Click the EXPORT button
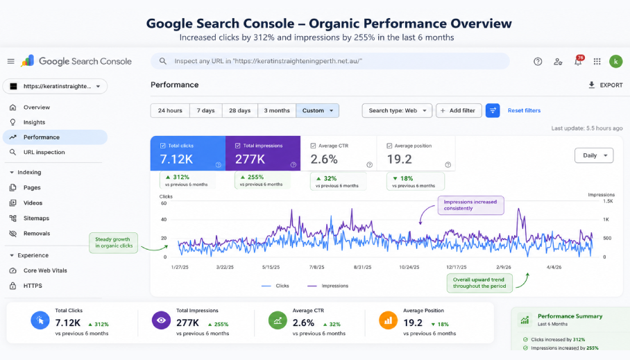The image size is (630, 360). pos(605,85)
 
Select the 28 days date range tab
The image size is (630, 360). pos(240,110)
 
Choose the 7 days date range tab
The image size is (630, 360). pos(205,110)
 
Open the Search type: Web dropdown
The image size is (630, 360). pos(397,110)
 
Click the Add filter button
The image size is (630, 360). pos(459,110)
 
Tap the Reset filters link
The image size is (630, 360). pos(524,110)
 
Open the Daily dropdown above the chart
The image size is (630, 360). pos(594,155)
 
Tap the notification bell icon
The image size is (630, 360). pos(578,62)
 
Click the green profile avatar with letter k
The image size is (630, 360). pos(615,62)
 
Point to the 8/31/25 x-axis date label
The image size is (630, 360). pos(362,267)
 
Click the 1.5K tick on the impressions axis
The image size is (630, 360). pos(608,201)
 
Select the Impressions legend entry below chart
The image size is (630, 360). pos(328,286)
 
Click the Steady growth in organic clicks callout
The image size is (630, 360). pos(113,243)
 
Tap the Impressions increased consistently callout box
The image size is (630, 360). pos(470,205)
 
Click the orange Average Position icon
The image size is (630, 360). pos(388,320)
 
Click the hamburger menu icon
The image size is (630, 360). pos(11,62)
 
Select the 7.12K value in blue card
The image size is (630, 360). pos(176,159)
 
